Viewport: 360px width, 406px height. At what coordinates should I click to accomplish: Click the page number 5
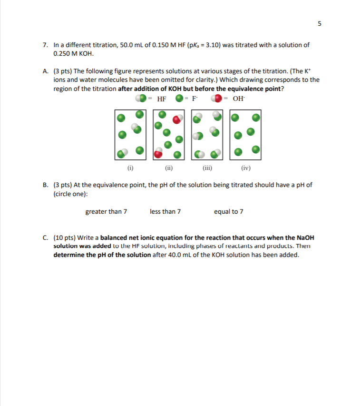[x=320, y=24]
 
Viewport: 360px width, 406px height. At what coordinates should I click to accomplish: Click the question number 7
[x=45, y=45]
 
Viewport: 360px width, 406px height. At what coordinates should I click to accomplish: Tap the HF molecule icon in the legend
[x=141, y=99]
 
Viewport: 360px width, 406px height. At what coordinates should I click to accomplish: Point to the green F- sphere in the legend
[x=179, y=99]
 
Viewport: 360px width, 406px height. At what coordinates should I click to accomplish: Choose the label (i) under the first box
[x=130, y=168]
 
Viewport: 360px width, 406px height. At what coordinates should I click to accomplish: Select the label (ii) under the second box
[x=169, y=168]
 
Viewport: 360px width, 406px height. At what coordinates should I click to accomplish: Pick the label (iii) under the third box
[x=207, y=168]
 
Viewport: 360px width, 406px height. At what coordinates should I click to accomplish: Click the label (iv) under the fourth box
[x=245, y=168]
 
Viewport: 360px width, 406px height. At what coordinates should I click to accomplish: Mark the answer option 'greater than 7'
[x=106, y=211]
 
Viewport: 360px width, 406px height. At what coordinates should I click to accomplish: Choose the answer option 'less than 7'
[x=165, y=211]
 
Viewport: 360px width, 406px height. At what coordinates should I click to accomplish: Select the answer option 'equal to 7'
[x=228, y=211]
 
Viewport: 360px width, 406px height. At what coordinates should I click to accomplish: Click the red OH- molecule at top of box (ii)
[x=177, y=119]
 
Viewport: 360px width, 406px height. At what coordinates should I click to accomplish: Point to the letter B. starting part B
[x=45, y=185]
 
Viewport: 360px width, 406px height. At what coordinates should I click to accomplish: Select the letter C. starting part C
[x=45, y=238]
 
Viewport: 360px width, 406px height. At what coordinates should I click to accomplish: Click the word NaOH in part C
[x=304, y=238]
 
